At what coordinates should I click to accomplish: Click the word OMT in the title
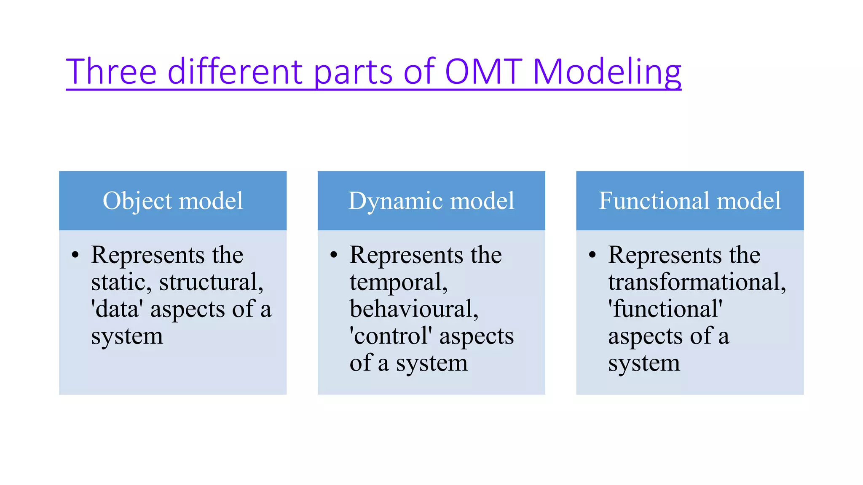click(483, 72)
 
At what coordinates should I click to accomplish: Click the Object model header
click(173, 200)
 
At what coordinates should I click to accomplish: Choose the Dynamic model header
click(431, 200)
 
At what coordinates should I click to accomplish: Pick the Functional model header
click(690, 200)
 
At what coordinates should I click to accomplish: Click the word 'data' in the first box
click(117, 309)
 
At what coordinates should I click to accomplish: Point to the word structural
click(211, 282)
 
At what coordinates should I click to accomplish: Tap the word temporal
click(398, 282)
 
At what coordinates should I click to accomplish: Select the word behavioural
click(414, 309)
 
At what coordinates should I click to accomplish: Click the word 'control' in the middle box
click(391, 336)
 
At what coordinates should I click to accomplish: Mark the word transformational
click(697, 282)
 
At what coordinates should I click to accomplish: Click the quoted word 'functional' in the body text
click(665, 309)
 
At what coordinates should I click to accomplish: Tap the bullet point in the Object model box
click(75, 255)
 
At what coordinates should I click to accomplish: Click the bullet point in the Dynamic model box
click(334, 255)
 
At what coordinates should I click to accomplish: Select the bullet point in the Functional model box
click(592, 255)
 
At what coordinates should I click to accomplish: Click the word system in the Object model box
click(127, 337)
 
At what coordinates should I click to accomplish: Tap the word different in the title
click(235, 72)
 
